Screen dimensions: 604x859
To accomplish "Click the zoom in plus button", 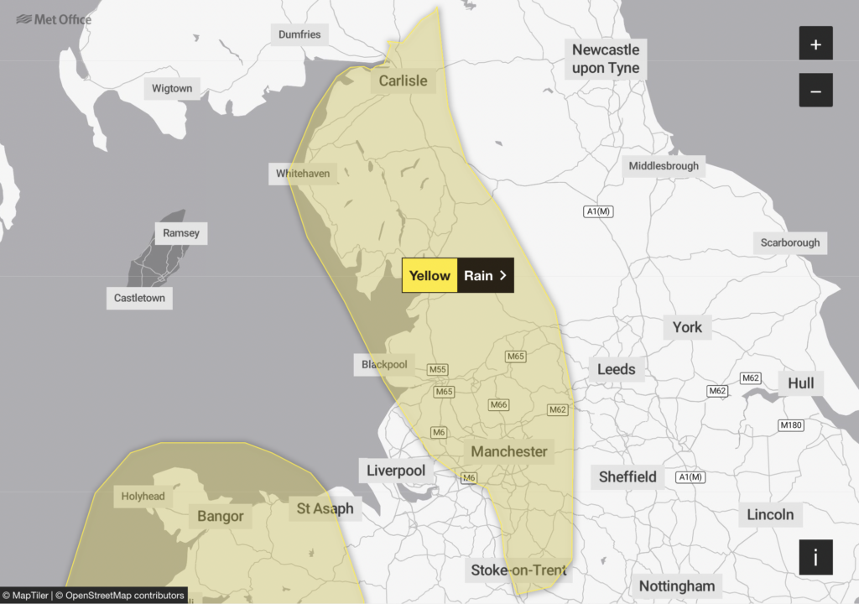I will point(815,43).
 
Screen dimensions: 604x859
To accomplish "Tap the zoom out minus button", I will point(815,90).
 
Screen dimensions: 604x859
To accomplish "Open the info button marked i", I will point(815,557).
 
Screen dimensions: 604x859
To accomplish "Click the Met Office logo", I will point(54,18).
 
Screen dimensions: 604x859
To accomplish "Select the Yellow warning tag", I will point(429,275).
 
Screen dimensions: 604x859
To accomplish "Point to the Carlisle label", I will point(403,81).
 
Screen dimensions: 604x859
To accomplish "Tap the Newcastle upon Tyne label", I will point(606,59).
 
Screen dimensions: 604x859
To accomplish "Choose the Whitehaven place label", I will point(303,174).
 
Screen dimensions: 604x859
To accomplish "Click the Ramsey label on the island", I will point(181,232).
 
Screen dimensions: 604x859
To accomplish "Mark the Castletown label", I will point(140,298).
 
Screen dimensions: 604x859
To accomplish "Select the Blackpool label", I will point(384,364).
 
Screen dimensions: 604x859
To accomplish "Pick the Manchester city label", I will point(508,451).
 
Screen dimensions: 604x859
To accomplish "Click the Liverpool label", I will point(396,471).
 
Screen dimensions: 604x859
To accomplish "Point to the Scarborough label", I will point(790,242).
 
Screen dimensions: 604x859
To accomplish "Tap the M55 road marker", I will point(438,369).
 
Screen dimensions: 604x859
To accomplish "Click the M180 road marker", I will point(791,425).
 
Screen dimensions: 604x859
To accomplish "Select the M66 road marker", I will point(499,404).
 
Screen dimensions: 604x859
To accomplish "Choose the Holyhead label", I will point(143,496).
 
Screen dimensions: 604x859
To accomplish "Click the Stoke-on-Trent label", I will point(518,570).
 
